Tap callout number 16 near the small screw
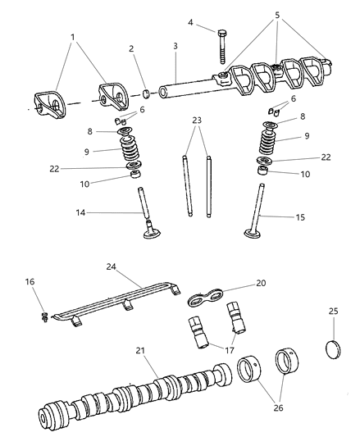[x=30, y=282]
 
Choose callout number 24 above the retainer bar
[x=112, y=266]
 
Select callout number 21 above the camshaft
[x=139, y=350]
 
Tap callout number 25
[x=333, y=312]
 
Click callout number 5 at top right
[x=276, y=16]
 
